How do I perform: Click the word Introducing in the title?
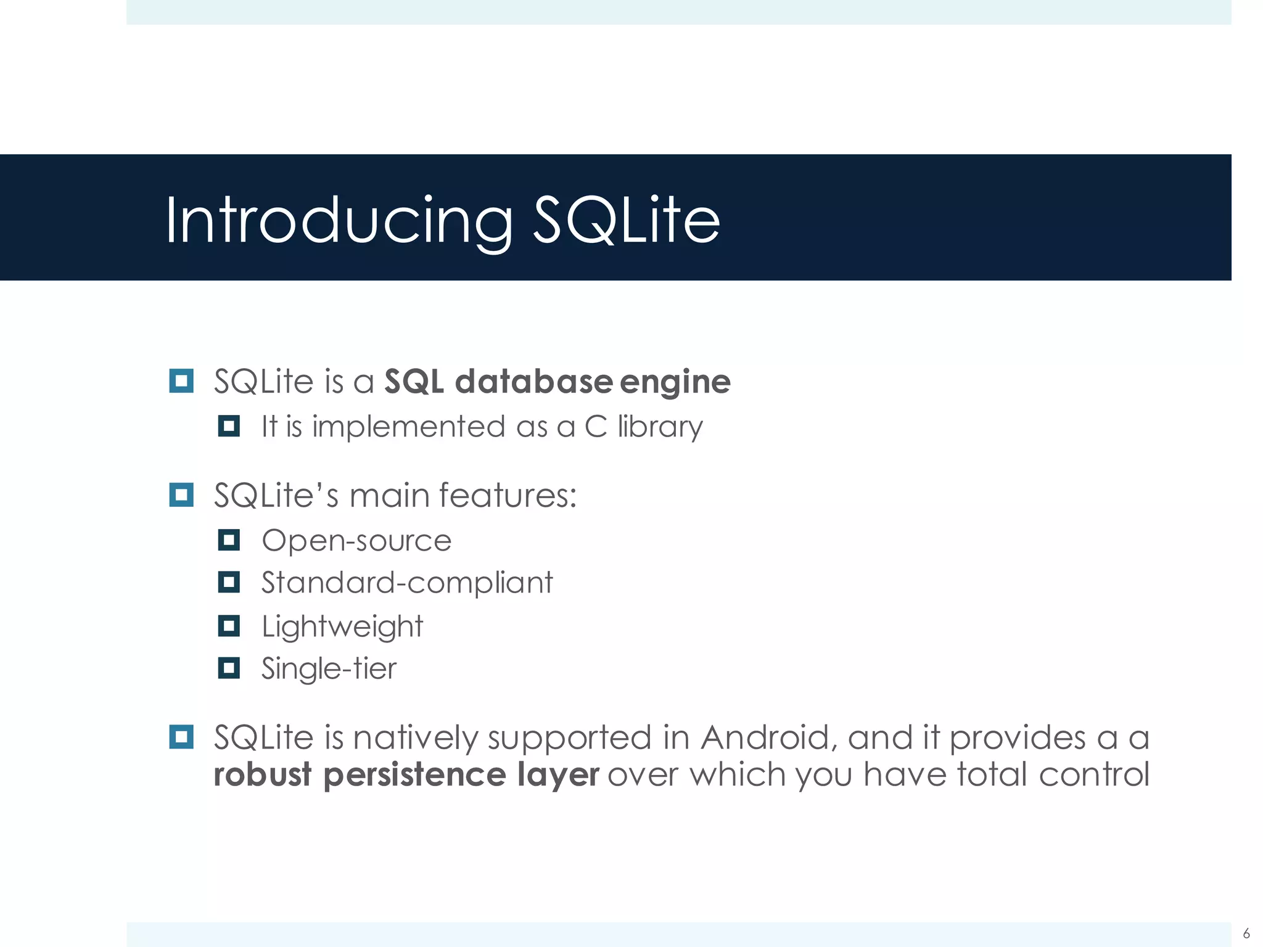pyautogui.click(x=339, y=221)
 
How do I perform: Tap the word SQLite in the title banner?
pyautogui.click(x=626, y=221)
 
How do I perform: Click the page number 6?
pyautogui.click(x=1246, y=933)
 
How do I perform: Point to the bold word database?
pyautogui.click(x=533, y=381)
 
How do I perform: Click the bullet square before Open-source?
pyautogui.click(x=229, y=541)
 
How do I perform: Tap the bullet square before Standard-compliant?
pyautogui.click(x=229, y=582)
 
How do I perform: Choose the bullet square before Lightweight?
pyautogui.click(x=229, y=626)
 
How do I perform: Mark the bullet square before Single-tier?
pyautogui.click(x=229, y=668)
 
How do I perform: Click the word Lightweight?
pyautogui.click(x=342, y=627)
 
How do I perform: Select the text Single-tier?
pyautogui.click(x=329, y=669)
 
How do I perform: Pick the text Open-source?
pyautogui.click(x=356, y=541)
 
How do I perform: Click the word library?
pyautogui.click(x=660, y=427)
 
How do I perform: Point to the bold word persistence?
pyautogui.click(x=414, y=774)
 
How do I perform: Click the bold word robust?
pyautogui.click(x=263, y=774)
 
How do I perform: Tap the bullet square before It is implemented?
pyautogui.click(x=229, y=426)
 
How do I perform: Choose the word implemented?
pyautogui.click(x=408, y=427)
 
